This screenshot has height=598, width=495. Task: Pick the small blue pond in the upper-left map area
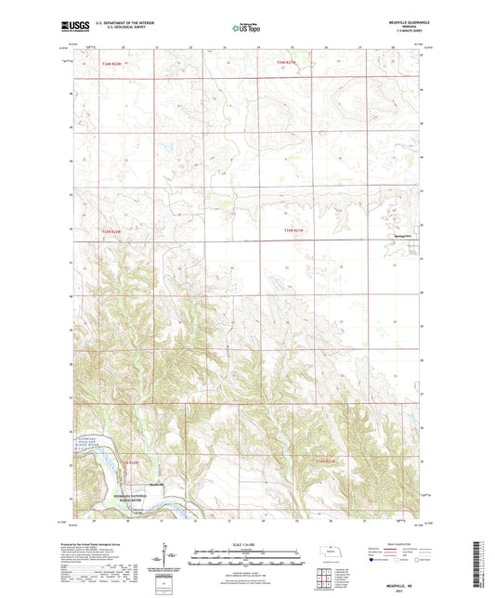(168, 146)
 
